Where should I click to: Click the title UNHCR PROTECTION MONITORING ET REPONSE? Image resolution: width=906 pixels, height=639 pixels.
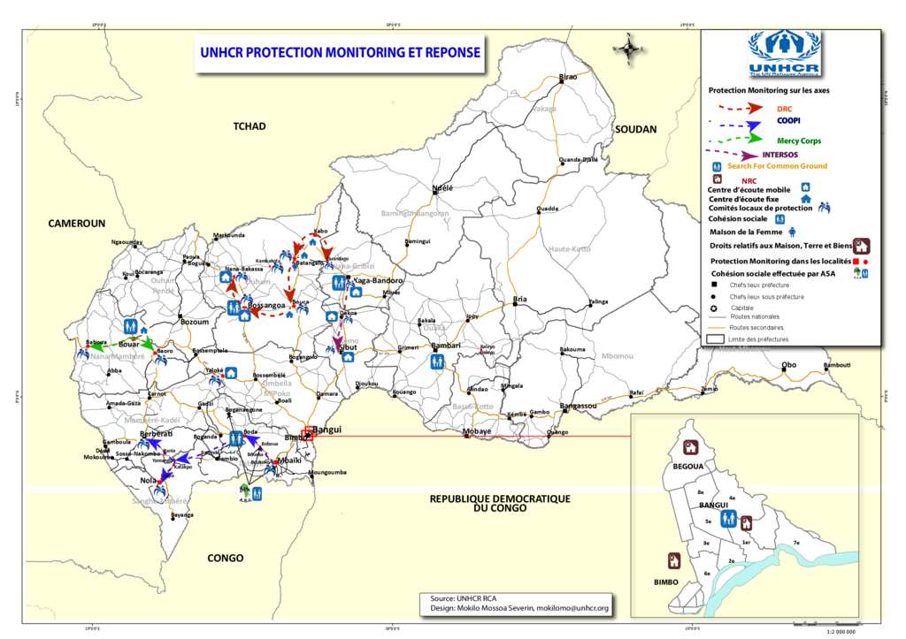(x=341, y=53)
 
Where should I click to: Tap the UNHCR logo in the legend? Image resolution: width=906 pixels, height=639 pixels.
(x=784, y=54)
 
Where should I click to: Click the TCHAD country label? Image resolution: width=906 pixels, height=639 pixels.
(x=250, y=126)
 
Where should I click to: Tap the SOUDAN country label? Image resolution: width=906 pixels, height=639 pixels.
(x=635, y=130)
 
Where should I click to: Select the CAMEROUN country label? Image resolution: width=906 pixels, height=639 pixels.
(x=77, y=224)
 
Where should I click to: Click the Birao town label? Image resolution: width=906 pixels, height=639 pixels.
(x=568, y=78)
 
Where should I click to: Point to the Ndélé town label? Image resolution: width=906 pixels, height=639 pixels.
(x=441, y=189)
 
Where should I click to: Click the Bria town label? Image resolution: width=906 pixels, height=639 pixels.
(x=520, y=300)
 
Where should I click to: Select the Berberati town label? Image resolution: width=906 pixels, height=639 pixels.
(x=156, y=434)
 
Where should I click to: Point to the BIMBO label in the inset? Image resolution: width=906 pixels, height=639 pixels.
(x=666, y=582)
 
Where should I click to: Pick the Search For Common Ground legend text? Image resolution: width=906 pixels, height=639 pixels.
(x=777, y=166)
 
